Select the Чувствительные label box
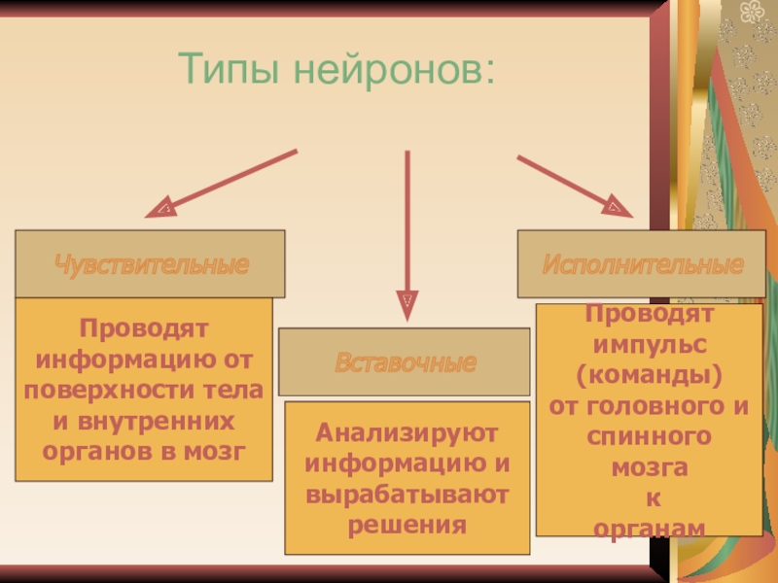point(151,264)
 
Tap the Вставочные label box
point(405,362)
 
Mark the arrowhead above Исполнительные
point(616,207)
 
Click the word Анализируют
point(407,430)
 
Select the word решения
point(407,525)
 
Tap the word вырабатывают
point(407,494)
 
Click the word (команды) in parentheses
point(649,375)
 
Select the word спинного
point(649,437)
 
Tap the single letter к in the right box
point(649,499)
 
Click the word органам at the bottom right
point(649,527)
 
